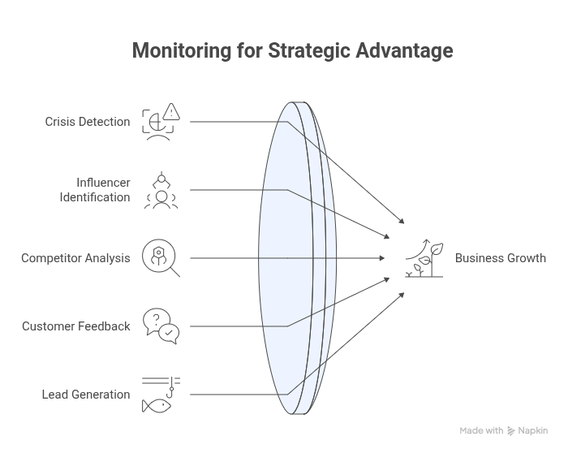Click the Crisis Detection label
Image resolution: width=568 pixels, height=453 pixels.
pyautogui.click(x=87, y=122)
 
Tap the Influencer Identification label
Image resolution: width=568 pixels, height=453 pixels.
pyautogui.click(x=95, y=190)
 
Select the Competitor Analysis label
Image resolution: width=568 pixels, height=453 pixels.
pyautogui.click(x=75, y=258)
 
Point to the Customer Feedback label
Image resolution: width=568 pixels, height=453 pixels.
pyautogui.click(x=76, y=326)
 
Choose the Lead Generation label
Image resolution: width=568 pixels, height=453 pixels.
pyautogui.click(x=86, y=395)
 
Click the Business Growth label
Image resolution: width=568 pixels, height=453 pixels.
pyautogui.click(x=500, y=258)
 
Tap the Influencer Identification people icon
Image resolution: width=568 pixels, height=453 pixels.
pyautogui.click(x=161, y=190)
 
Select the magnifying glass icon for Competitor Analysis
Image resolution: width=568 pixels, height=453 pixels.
pyautogui.click(x=160, y=257)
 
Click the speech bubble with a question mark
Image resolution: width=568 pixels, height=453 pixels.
pyautogui.click(x=154, y=319)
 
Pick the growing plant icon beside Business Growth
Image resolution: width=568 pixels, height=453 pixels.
pyautogui.click(x=425, y=258)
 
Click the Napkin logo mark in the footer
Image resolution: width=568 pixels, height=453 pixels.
pyautogui.click(x=511, y=431)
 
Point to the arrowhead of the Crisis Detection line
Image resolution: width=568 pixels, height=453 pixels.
pyautogui.click(x=402, y=221)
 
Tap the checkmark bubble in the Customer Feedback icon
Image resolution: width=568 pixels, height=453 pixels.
pyautogui.click(x=170, y=332)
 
